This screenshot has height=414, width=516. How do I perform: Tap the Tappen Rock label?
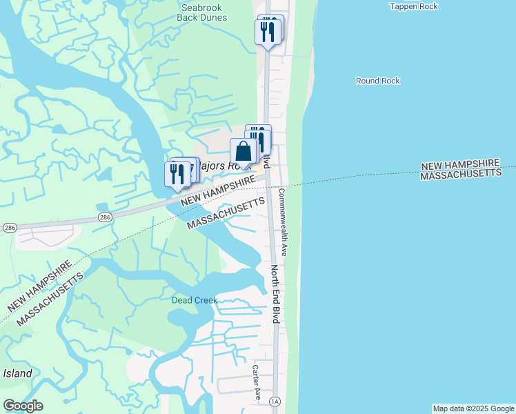tap(414, 6)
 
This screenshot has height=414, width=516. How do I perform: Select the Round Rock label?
tap(377, 81)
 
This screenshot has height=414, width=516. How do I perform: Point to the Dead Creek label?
tap(195, 300)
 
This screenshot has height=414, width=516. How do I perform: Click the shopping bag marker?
tap(244, 152)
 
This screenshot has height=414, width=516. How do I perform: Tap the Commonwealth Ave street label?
tap(282, 222)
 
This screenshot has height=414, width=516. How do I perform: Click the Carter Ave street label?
tap(255, 383)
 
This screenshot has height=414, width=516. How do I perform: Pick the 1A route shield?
tap(275, 401)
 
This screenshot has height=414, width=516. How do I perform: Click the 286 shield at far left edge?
tap(8, 226)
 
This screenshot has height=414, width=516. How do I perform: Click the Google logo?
tap(23, 406)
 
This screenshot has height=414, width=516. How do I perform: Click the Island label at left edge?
tap(17, 373)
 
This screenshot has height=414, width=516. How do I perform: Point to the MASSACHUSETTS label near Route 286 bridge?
tap(226, 214)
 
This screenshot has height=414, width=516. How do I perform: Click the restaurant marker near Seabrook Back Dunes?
tap(267, 32)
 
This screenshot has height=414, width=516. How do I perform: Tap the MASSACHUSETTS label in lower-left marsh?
tap(50, 298)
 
